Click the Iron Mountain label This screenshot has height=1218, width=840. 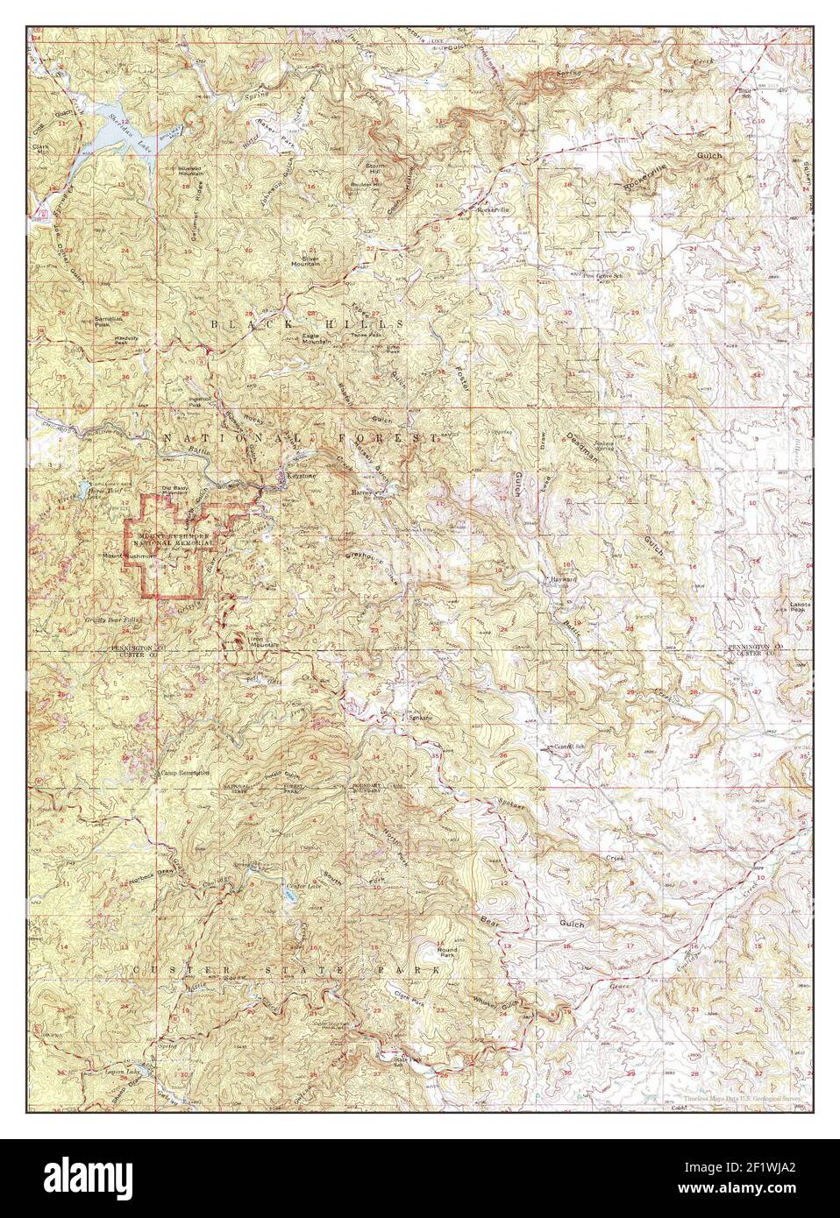point(263,641)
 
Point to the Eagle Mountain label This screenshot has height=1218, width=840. point(317,339)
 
